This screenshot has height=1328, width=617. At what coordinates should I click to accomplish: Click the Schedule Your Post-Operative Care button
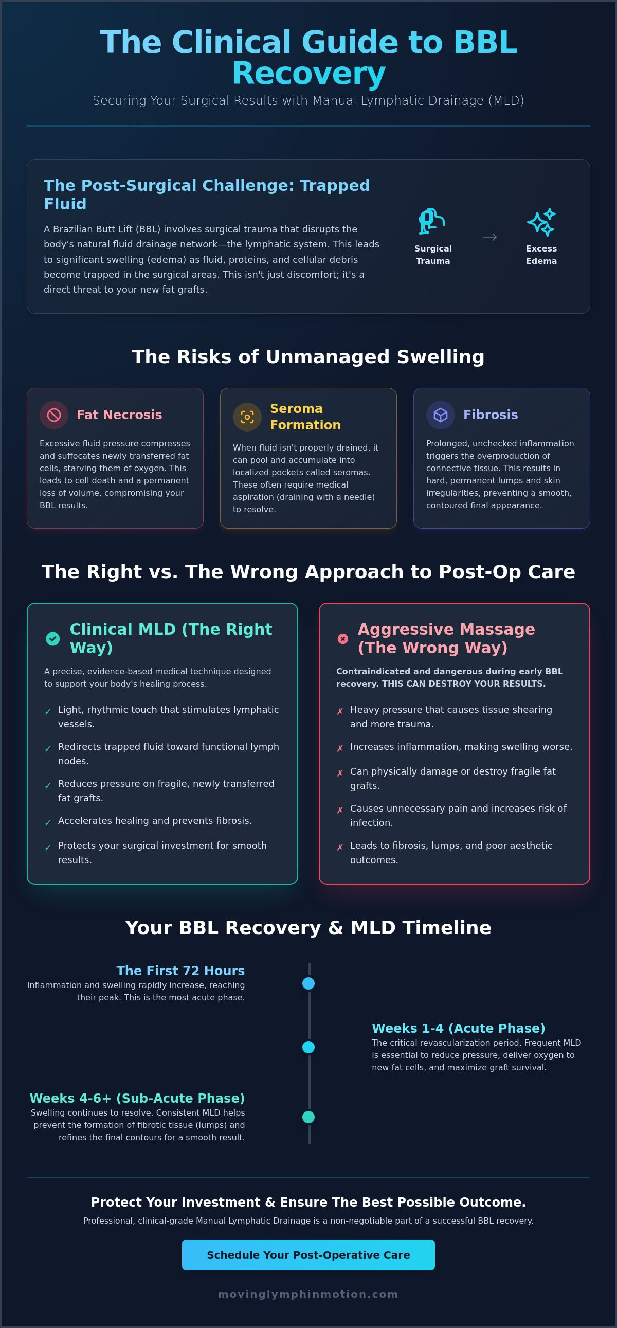coord(308,1255)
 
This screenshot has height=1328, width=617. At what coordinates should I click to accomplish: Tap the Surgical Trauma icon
coord(432,222)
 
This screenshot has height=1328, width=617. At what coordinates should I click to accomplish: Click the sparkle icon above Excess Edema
coord(541,222)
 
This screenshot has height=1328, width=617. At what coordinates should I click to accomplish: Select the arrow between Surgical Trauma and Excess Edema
coord(489,237)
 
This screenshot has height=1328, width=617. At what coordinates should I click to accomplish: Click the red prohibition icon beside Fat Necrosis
coord(54,415)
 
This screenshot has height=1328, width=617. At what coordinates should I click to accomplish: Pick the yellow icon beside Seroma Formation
coord(247,417)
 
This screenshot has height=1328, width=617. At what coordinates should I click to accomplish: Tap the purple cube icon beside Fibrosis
coord(441,415)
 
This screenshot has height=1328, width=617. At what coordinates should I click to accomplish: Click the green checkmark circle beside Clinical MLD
coord(52,639)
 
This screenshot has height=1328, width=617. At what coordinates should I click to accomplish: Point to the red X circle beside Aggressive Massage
coord(343,639)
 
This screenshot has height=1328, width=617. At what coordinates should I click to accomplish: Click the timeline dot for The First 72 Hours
coord(308,983)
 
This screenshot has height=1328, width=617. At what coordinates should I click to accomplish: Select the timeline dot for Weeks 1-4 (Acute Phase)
coord(308,1048)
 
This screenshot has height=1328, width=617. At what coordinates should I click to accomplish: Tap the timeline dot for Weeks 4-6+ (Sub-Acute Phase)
coord(308,1117)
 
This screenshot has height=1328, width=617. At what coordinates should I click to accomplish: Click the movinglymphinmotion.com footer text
coord(308,1294)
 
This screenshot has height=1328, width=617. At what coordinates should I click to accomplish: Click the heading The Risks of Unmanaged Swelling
coord(308,357)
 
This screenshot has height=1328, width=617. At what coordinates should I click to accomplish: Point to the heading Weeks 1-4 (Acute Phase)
coord(459,1028)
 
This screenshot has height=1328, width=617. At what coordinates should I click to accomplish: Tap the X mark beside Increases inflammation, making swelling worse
coord(340,748)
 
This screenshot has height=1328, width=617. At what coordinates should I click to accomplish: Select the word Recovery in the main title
coord(309,73)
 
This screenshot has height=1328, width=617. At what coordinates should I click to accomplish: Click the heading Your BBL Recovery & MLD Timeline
coord(308,927)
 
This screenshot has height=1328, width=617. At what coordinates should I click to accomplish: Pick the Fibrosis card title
coord(491,415)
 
